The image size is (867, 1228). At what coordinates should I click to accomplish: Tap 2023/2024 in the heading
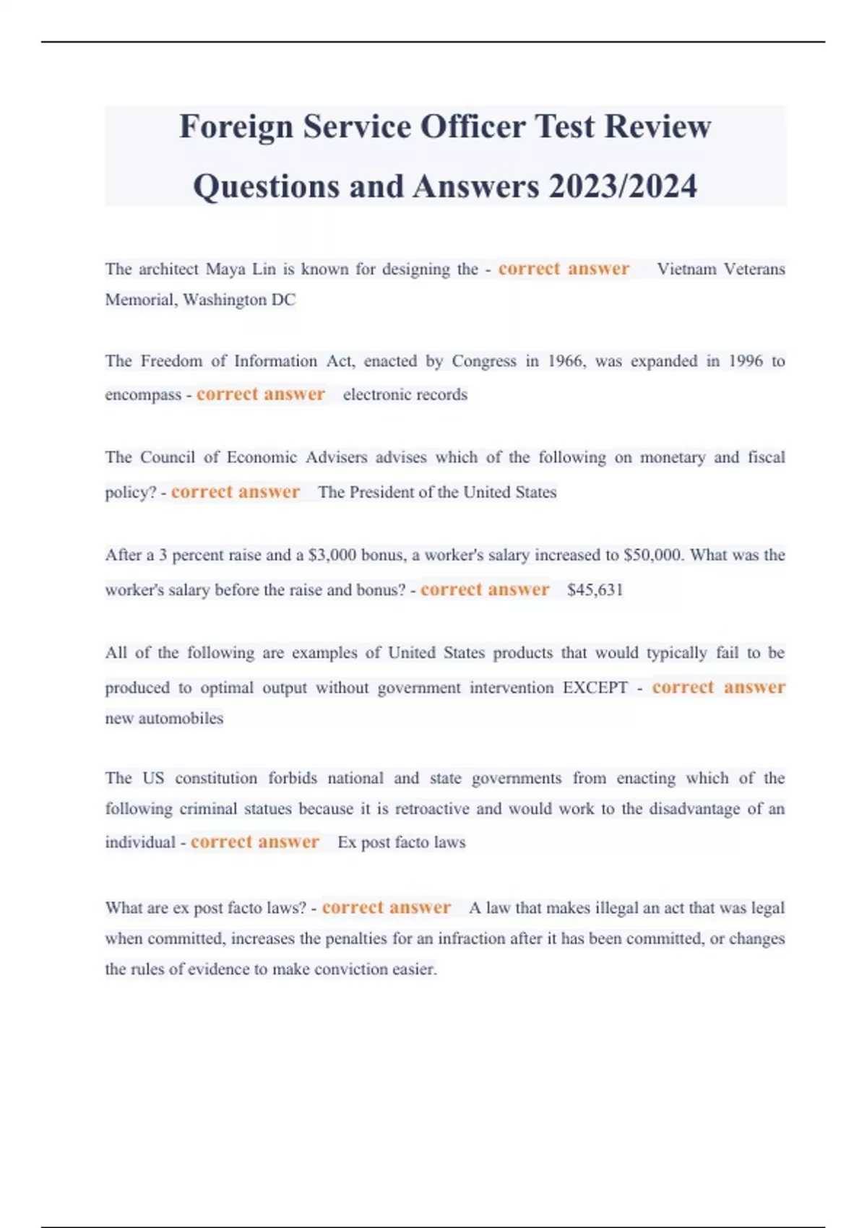coord(623,186)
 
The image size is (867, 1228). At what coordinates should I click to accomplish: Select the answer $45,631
coord(595,590)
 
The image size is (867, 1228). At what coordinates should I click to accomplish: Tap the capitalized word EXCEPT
coord(595,688)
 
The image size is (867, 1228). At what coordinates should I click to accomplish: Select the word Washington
coord(224,300)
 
